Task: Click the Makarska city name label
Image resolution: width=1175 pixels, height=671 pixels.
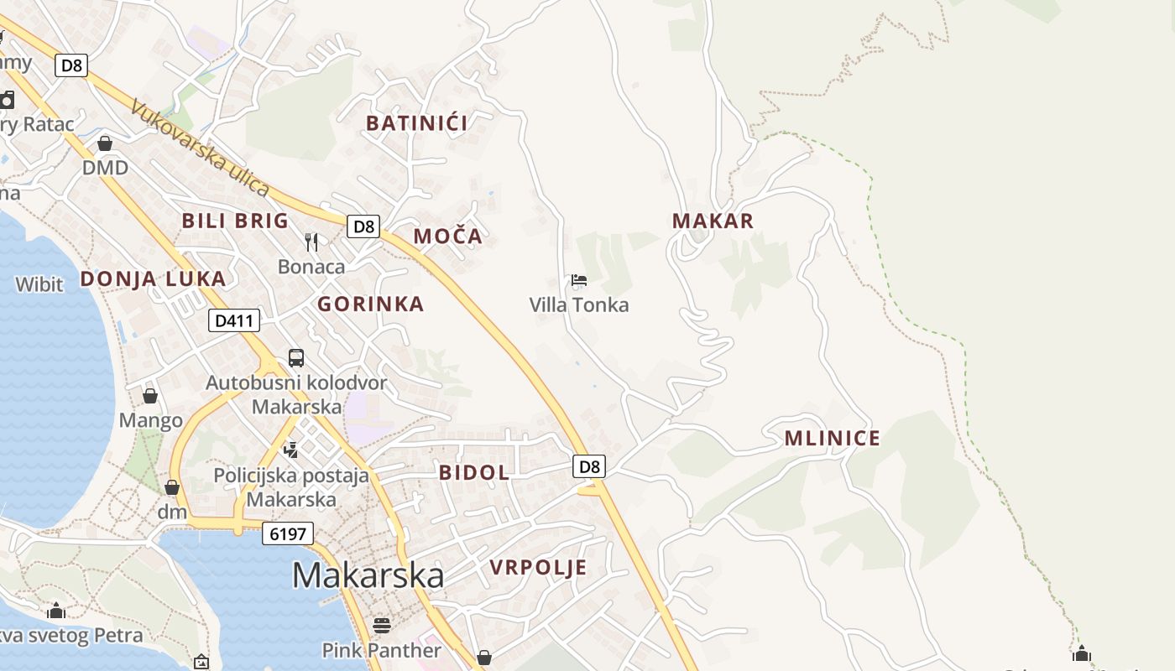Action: pyautogui.click(x=368, y=575)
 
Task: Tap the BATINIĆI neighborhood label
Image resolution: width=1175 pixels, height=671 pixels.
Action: pyautogui.click(x=416, y=123)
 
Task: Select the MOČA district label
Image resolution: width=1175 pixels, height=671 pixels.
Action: pyautogui.click(x=448, y=237)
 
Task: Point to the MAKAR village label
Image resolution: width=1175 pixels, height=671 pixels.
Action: pyautogui.click(x=713, y=221)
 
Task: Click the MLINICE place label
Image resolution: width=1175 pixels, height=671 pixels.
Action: pyautogui.click(x=832, y=438)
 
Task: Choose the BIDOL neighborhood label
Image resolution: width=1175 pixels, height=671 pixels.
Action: pyautogui.click(x=473, y=472)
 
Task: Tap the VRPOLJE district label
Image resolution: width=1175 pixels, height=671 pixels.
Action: pyautogui.click(x=538, y=568)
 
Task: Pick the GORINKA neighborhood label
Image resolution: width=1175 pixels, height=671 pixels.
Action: pyautogui.click(x=370, y=304)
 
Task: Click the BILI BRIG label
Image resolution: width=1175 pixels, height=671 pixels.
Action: pyautogui.click(x=235, y=221)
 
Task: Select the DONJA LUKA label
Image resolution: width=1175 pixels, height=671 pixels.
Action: pyautogui.click(x=153, y=279)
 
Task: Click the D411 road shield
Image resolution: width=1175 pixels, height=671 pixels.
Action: pyautogui.click(x=234, y=320)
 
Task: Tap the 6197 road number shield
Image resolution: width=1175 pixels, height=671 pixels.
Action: pyautogui.click(x=287, y=533)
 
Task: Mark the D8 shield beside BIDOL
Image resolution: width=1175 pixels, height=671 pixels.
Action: pyautogui.click(x=590, y=466)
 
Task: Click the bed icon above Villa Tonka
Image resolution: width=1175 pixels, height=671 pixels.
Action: pyautogui.click(x=578, y=280)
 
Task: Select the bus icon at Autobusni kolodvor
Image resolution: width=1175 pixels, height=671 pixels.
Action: pyautogui.click(x=296, y=358)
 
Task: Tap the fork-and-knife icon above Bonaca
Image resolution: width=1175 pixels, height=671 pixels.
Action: pyautogui.click(x=311, y=242)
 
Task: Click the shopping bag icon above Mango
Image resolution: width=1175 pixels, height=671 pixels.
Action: pyautogui.click(x=150, y=396)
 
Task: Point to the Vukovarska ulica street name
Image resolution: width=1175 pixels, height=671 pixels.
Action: pyautogui.click(x=200, y=148)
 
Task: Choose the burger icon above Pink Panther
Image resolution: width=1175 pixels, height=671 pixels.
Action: pyautogui.click(x=382, y=626)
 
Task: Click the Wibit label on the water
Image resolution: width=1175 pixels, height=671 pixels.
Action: pyautogui.click(x=39, y=284)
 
